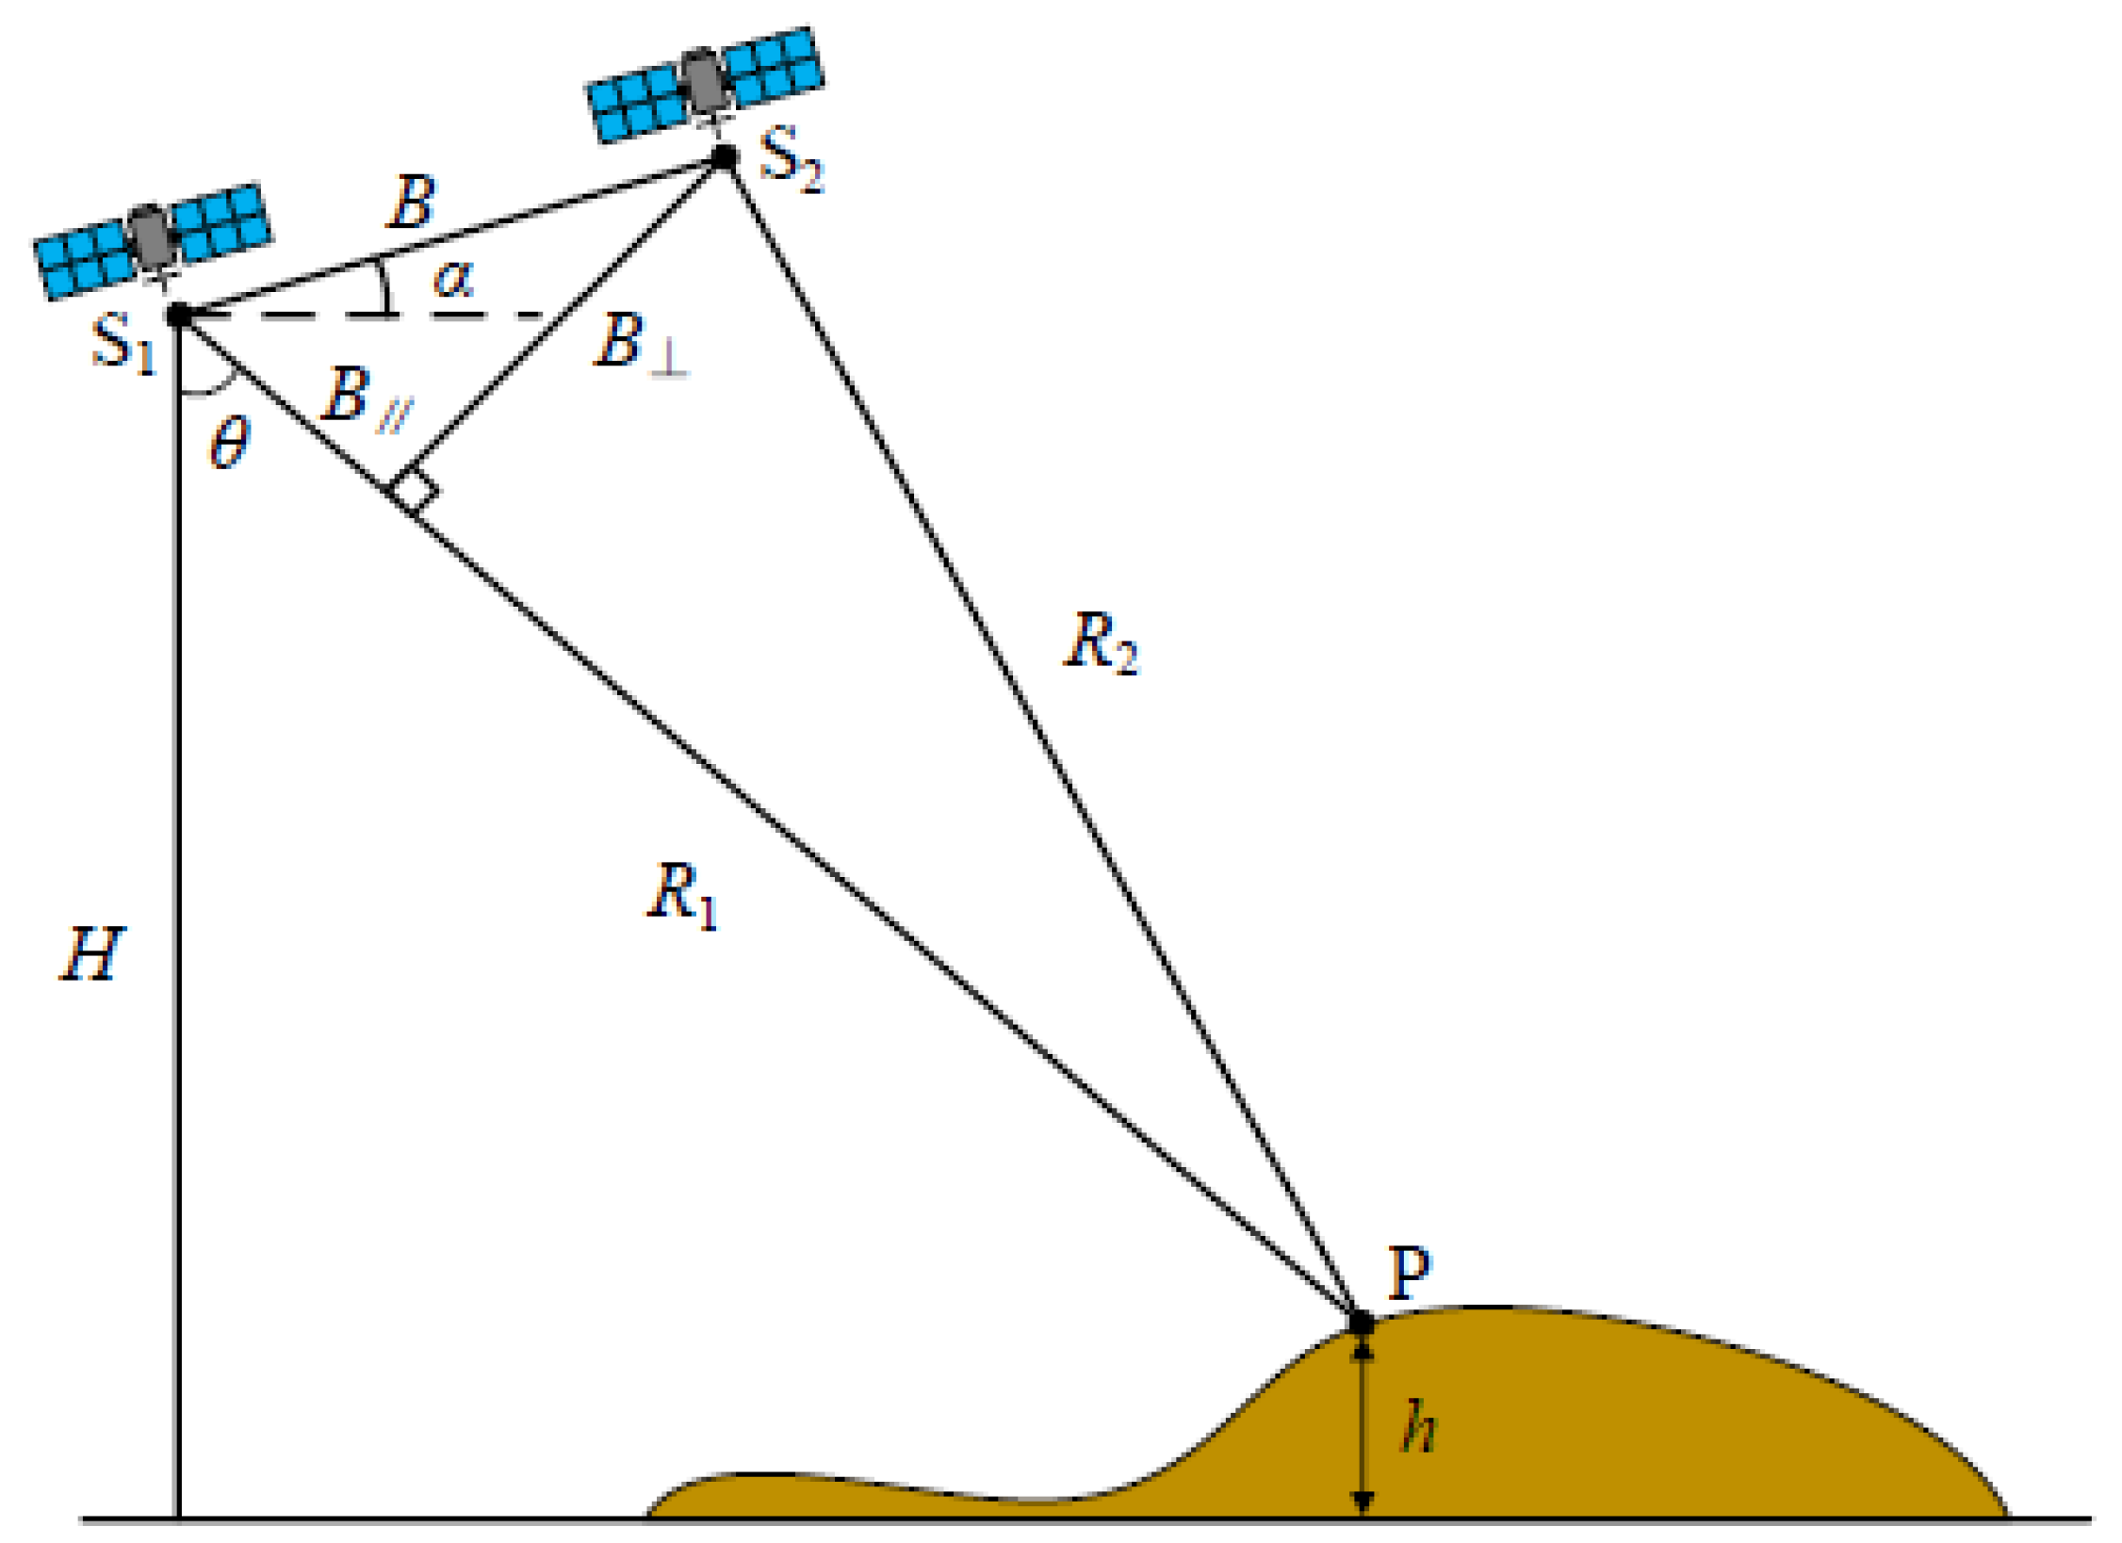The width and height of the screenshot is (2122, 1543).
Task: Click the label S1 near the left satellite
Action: click(x=122, y=344)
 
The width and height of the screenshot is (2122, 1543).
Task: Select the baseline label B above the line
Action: click(x=412, y=203)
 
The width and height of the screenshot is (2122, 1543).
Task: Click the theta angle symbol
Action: click(x=229, y=443)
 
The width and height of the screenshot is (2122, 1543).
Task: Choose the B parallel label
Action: click(x=366, y=400)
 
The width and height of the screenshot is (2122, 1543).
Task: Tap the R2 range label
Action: click(x=1101, y=642)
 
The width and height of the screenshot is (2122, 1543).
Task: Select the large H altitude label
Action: click(x=91, y=954)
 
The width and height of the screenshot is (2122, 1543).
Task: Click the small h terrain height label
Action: click(x=1416, y=1427)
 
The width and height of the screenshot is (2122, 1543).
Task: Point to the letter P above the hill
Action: click(x=1409, y=1274)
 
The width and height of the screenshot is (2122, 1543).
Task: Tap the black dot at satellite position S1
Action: click(x=178, y=315)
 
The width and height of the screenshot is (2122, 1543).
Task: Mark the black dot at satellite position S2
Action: click(x=724, y=156)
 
